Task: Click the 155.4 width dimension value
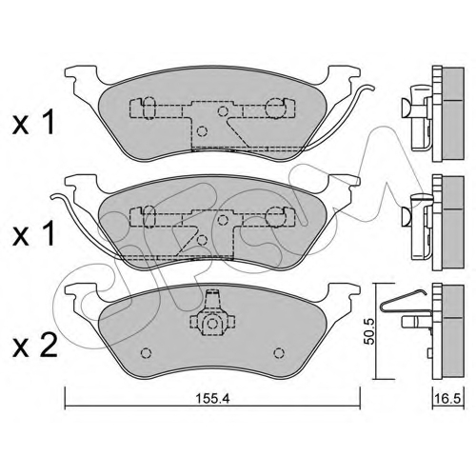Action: (212, 398)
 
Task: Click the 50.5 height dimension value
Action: (369, 331)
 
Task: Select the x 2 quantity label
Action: (34, 347)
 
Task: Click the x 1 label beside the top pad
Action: (33, 123)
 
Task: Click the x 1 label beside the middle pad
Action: (33, 234)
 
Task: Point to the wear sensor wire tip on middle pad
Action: (54, 197)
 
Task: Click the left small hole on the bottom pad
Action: (146, 352)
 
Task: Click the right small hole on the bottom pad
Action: (279, 352)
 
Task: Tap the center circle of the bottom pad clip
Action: (212, 324)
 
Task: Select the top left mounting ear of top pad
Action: (81, 74)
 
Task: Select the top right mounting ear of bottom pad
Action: (345, 292)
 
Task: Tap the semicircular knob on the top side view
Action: (407, 108)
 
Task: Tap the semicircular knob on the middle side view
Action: (407, 217)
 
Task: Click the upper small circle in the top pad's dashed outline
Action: (223, 111)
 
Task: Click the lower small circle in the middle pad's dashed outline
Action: (202, 240)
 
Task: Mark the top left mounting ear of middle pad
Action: (81, 184)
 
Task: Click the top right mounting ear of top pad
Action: (345, 74)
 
